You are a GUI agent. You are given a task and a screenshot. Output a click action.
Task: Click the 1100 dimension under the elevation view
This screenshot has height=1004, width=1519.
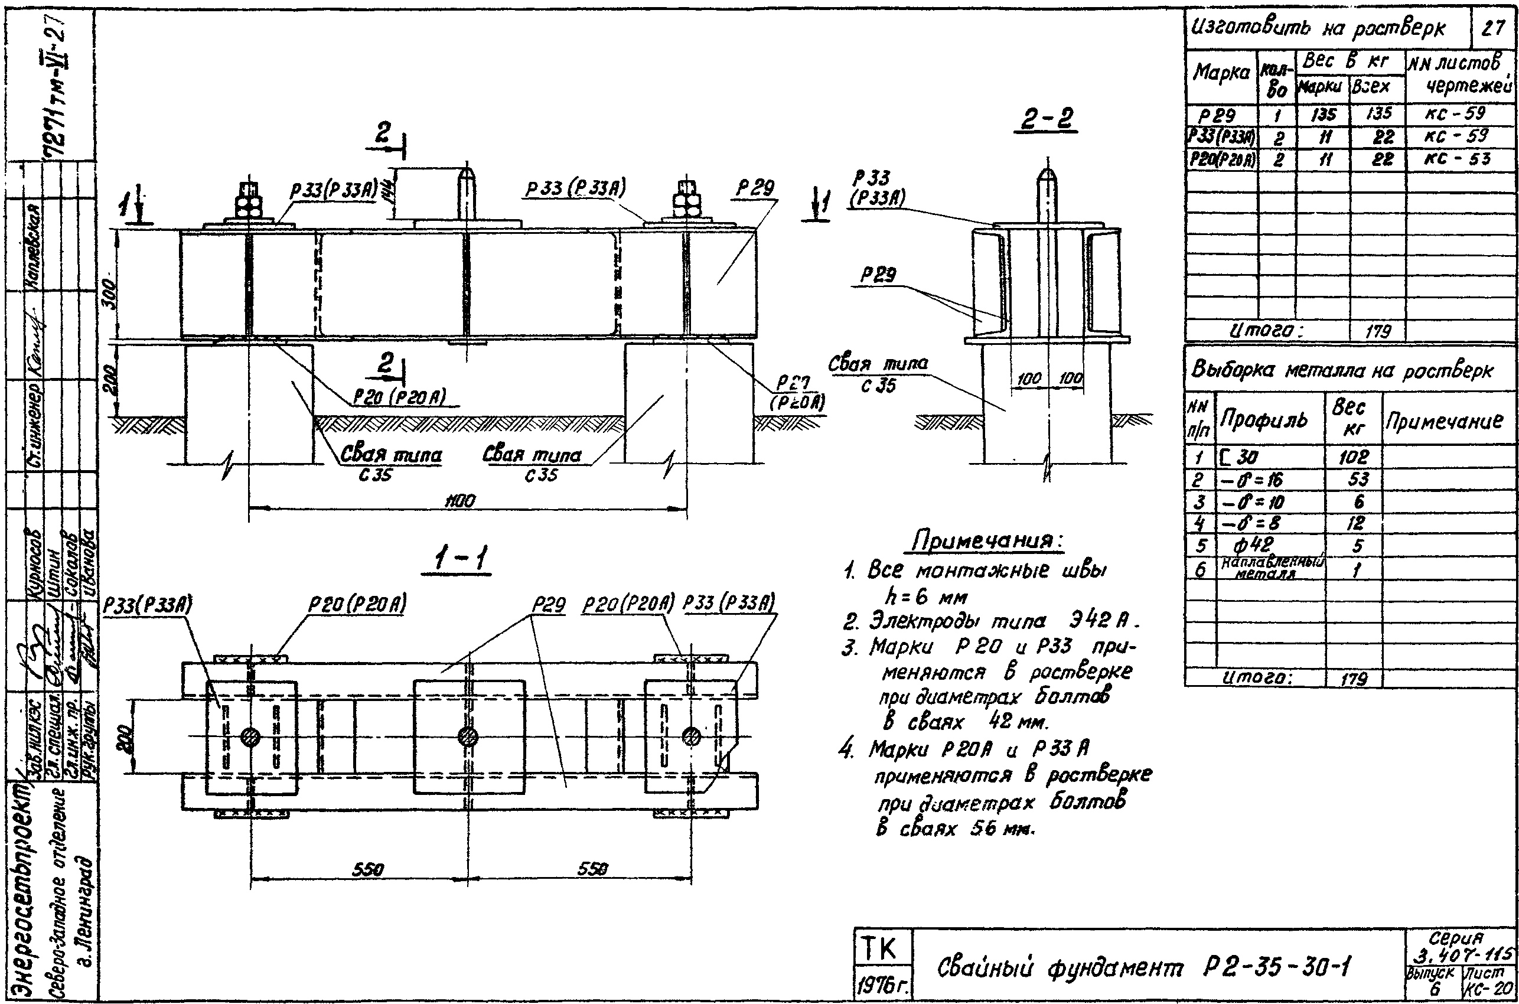point(460,501)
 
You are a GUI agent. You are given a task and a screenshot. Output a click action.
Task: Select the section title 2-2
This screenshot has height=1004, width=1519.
point(1046,119)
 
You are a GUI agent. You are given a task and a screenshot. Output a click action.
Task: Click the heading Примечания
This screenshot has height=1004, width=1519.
point(987,542)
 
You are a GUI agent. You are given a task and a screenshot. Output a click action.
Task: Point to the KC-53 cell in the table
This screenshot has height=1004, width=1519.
point(1457,159)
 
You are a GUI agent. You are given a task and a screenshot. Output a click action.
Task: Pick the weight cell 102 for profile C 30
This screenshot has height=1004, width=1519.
point(1352,457)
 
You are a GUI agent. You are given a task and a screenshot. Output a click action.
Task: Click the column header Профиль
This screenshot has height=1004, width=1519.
point(1263,420)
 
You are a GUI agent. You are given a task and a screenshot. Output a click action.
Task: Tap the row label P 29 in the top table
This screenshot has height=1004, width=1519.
point(1217,115)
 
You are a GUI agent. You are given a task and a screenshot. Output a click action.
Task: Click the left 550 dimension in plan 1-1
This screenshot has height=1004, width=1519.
point(367,869)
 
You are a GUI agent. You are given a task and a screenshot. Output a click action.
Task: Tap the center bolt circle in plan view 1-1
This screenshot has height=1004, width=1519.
point(468,737)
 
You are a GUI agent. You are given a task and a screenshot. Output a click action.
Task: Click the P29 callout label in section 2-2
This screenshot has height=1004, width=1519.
point(878,275)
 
